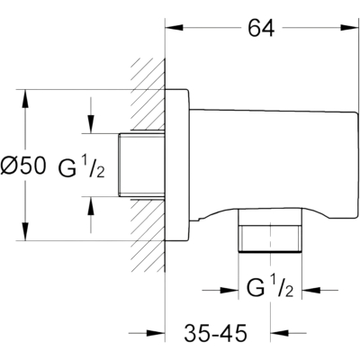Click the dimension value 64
(261, 29)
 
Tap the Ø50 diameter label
(23, 166)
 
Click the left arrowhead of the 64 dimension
(175, 28)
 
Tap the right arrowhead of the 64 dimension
(350, 28)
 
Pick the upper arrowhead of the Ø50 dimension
(25, 98)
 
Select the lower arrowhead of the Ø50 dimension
(25, 231)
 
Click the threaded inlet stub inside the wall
(141, 165)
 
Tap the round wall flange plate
(177, 165)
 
